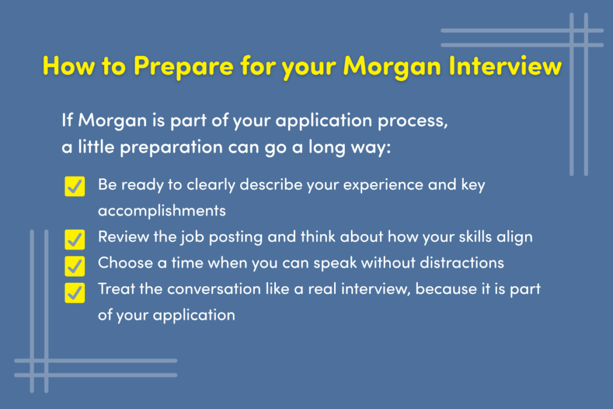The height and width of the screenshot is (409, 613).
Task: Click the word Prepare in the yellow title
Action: click(x=183, y=66)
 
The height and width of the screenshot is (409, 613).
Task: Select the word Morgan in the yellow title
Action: click(x=392, y=66)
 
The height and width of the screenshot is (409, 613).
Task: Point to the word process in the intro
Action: click(x=412, y=121)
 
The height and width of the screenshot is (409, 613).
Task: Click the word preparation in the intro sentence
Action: click(x=172, y=148)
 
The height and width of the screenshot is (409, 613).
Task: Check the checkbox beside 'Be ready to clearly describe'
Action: click(x=75, y=186)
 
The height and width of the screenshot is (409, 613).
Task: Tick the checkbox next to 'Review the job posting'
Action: click(x=75, y=240)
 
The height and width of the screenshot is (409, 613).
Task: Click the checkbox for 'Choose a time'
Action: click(x=75, y=266)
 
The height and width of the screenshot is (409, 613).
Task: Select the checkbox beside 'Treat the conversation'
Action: click(x=75, y=293)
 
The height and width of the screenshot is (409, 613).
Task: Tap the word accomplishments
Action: click(x=162, y=211)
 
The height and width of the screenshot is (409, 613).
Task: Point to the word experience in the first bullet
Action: click(x=383, y=185)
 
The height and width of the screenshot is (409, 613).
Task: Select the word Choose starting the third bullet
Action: click(x=125, y=263)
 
